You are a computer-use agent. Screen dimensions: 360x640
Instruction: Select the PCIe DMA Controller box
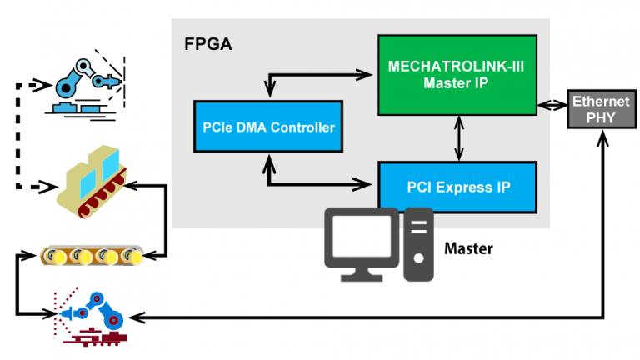[268, 127]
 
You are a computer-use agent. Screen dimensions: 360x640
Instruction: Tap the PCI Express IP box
[457, 187]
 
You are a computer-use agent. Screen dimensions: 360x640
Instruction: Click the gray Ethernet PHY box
[594, 108]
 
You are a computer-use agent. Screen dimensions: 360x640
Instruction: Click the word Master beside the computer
[468, 248]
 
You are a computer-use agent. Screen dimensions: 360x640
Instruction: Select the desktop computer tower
[418, 244]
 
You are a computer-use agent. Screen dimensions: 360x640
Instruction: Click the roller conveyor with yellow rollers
[92, 255]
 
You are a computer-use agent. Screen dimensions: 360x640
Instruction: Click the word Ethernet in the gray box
[594, 102]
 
